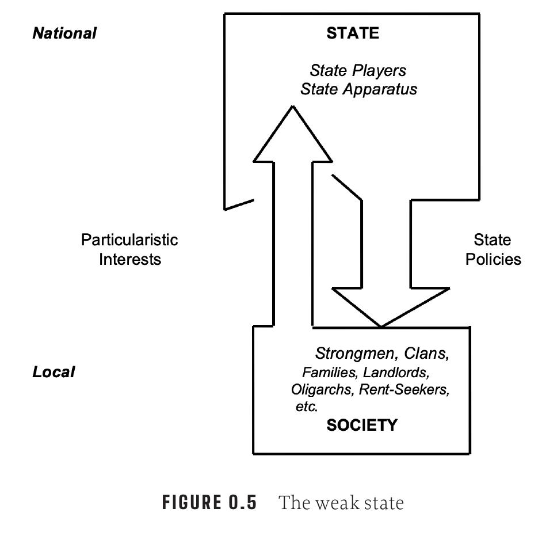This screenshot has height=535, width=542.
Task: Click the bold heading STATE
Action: coord(353,33)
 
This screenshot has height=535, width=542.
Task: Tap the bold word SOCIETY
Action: coord(361,425)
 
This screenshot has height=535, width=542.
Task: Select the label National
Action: coord(64,33)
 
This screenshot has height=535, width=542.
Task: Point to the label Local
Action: coord(54,372)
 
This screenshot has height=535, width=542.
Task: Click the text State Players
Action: coord(358,70)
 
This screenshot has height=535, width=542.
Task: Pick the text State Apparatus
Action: coord(358,89)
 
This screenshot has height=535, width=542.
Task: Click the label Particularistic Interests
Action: coord(129,249)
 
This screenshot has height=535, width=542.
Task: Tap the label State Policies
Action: coord(493,249)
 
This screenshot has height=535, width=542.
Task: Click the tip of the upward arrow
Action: coord(293,108)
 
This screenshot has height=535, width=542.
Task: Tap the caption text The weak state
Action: coord(341,503)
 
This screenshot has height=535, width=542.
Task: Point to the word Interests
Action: coord(130,259)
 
